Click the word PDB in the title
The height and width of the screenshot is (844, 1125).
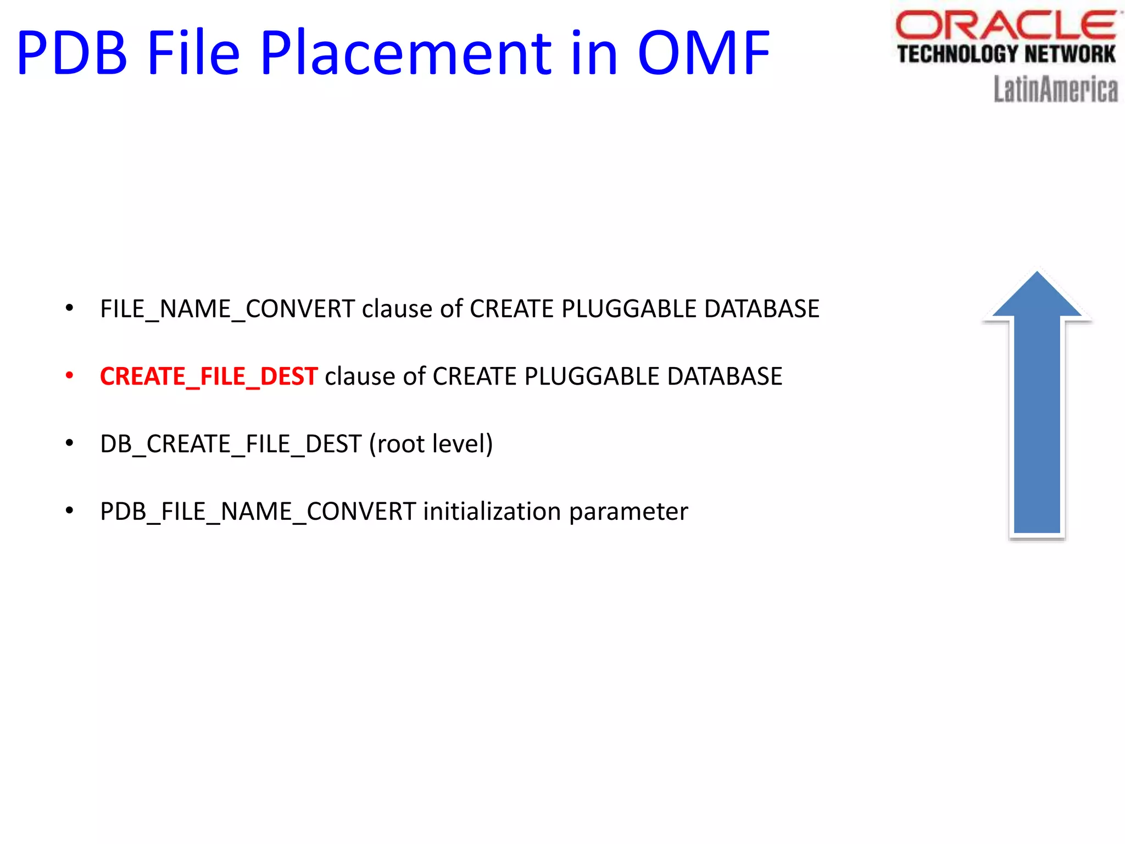pos(72,53)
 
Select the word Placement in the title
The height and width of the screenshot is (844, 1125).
pos(405,53)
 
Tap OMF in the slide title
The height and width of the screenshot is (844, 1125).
pos(704,53)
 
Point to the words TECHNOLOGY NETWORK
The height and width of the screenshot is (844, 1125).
pos(1006,54)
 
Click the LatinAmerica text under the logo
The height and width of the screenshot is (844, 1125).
pos(1055,90)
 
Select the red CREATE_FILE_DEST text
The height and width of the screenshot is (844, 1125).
pos(209,377)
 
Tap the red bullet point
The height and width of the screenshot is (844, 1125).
pos(69,376)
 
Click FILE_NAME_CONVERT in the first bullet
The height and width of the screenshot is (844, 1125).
pos(227,309)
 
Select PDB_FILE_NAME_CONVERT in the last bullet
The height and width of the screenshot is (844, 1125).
pos(258,512)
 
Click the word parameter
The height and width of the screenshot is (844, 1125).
pos(628,512)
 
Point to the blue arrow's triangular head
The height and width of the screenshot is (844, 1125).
pos(1037,297)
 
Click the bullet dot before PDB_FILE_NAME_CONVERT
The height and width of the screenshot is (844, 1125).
pos(69,511)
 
